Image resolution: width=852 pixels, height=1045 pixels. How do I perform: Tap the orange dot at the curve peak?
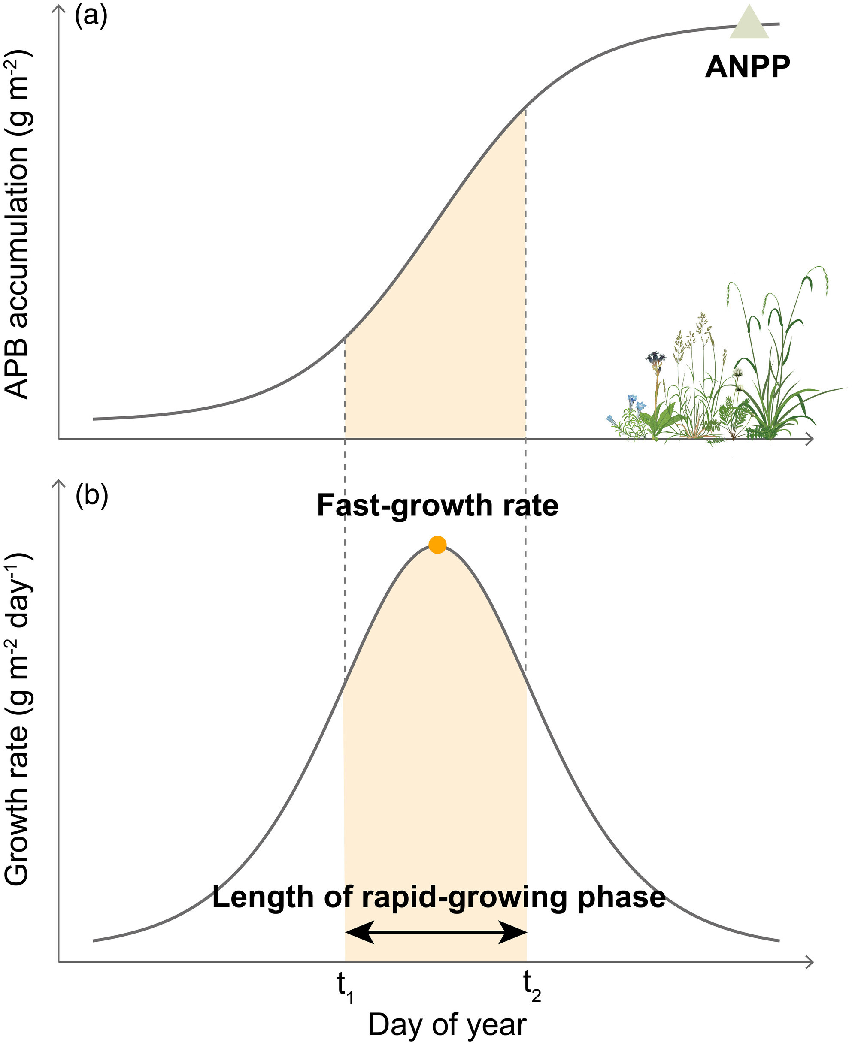[x=437, y=545]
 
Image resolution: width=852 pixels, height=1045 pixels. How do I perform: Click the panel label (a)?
[x=91, y=16]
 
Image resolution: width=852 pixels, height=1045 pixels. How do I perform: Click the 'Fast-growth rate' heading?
[x=437, y=505]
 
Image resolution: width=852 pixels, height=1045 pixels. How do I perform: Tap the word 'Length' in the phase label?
[x=262, y=897]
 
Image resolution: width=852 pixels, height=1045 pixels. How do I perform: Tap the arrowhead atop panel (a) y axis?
[x=59, y=10]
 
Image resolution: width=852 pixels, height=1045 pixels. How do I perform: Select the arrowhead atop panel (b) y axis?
[x=59, y=484]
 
